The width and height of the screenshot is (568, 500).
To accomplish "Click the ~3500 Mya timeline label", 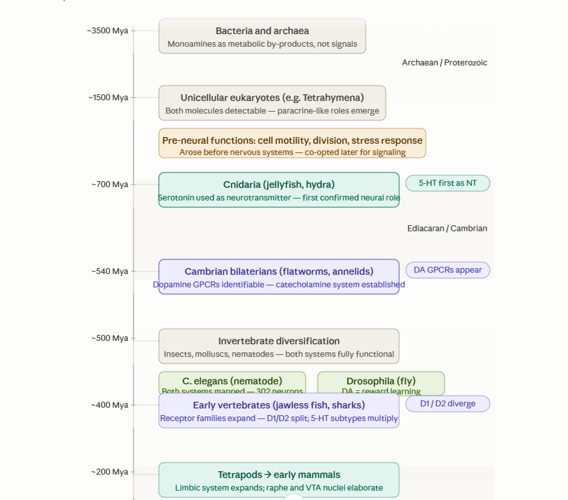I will tap(107, 31).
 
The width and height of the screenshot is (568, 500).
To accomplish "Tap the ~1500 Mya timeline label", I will tap(108, 98).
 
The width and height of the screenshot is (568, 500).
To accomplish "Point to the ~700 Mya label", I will tap(110, 184).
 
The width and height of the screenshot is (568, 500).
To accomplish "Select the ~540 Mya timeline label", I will tap(110, 271).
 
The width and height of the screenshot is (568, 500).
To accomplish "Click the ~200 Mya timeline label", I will tap(110, 472).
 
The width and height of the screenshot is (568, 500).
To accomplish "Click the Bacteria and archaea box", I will tap(262, 36).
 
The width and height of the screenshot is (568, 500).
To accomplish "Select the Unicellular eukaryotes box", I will tap(272, 103).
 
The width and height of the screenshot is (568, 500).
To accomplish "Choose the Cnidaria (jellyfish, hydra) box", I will tap(278, 190).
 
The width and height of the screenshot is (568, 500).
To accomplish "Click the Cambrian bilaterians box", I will tap(278, 277).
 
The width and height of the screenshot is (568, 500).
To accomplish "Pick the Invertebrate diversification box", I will tap(278, 346).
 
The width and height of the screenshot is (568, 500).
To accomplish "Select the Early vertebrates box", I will tap(278, 410).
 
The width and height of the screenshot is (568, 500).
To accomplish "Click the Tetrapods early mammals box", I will tap(278, 480).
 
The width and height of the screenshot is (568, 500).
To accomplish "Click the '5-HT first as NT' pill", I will tap(447, 183).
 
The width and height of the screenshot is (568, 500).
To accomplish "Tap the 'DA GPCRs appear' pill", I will tap(447, 270).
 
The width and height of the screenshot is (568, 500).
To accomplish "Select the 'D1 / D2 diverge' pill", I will tap(447, 404).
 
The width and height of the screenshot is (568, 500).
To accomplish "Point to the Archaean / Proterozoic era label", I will tap(444, 63).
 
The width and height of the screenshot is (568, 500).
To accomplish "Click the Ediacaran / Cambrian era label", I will tap(447, 229).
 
